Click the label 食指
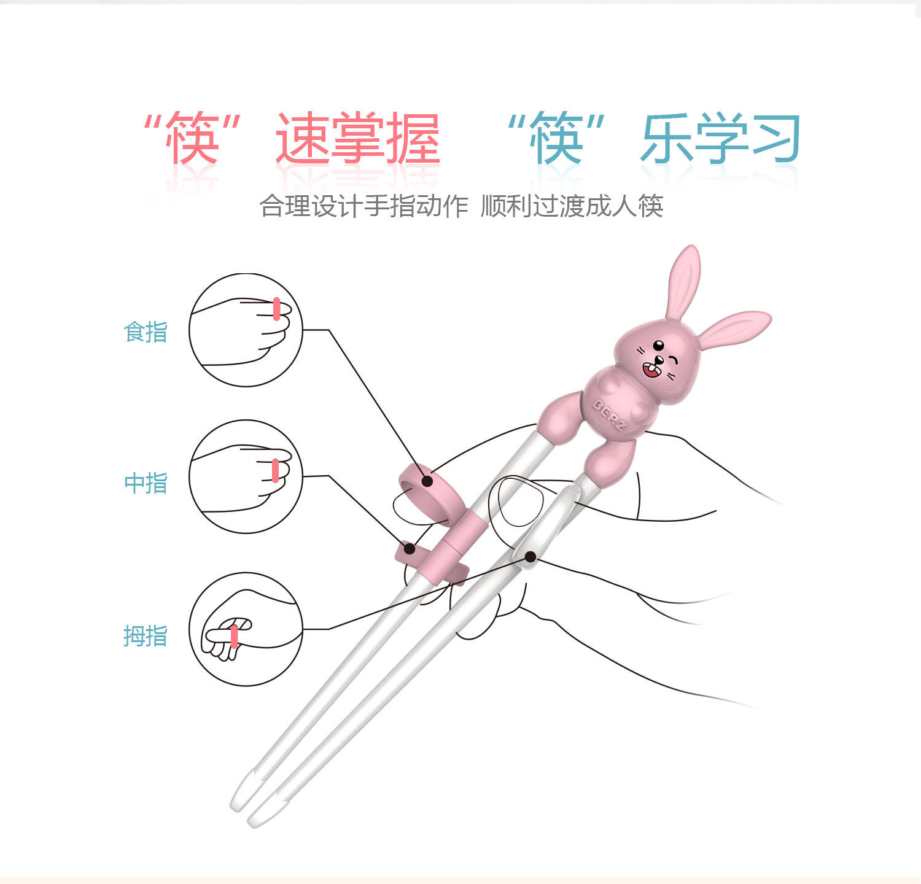(146, 332)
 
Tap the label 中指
(146, 483)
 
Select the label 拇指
(146, 636)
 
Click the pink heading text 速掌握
(357, 139)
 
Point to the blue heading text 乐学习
(720, 139)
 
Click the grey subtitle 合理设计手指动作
(363, 206)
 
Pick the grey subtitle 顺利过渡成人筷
(572, 206)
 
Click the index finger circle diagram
(246, 330)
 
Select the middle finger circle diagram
(246, 476)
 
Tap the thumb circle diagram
(246, 629)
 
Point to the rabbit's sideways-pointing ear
(734, 328)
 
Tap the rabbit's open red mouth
(650, 370)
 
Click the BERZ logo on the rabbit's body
(608, 414)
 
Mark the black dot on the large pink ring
(427, 481)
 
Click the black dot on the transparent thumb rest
(530, 557)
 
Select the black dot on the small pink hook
(409, 548)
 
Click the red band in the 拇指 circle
(235, 637)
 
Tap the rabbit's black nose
(658, 359)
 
